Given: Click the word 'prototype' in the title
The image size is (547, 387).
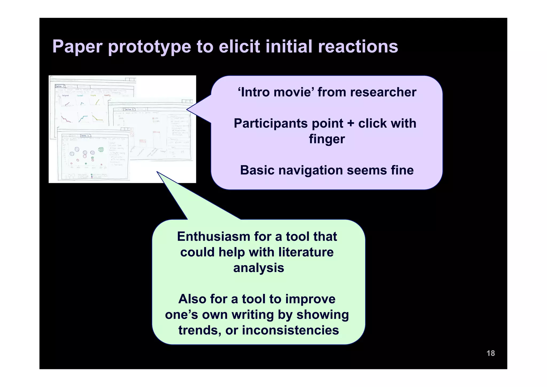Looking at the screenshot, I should (149, 47).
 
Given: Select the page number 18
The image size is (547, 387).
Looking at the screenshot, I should (490, 353).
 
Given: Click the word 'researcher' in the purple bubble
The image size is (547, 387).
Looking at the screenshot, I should (383, 92).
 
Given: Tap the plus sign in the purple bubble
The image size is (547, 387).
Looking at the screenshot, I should (351, 124).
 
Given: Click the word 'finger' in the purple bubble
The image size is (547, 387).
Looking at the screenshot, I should (327, 139).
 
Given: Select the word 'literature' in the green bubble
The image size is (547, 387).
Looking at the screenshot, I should (306, 252).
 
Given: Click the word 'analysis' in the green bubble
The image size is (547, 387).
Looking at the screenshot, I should (258, 268).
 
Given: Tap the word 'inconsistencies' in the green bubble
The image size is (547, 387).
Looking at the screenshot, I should (290, 330).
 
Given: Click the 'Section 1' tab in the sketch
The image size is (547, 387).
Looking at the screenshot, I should (60, 86).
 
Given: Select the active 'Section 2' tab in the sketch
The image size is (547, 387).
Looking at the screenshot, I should (129, 109).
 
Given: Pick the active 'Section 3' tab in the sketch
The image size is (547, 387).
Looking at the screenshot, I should (85, 136).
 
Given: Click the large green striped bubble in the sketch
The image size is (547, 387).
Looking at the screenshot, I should (101, 150).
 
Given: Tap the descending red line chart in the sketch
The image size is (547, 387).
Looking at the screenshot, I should (65, 118).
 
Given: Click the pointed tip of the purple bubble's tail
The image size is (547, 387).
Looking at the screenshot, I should (187, 109).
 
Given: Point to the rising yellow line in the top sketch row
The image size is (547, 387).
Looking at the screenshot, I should (98, 102).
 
